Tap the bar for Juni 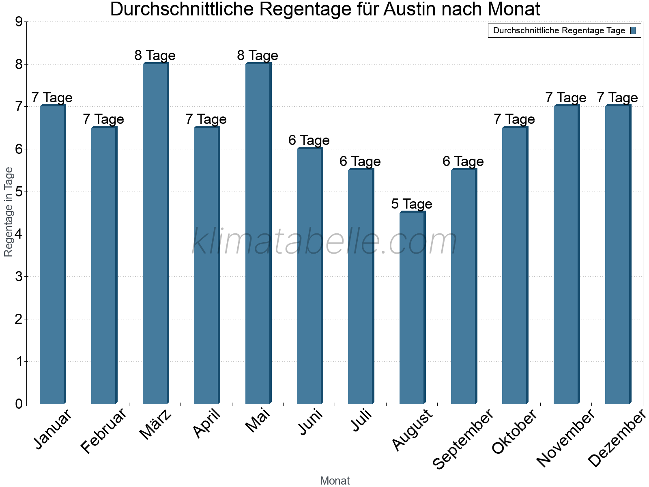309,276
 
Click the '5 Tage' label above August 412,204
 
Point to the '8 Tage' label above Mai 258,55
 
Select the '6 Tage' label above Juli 360,161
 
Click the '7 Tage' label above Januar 52,98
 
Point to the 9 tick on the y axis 19,22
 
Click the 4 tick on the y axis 19,234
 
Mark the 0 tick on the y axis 19,404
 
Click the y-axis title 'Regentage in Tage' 9,212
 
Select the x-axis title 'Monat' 335,481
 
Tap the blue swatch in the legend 634,30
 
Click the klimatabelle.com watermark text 324,241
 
